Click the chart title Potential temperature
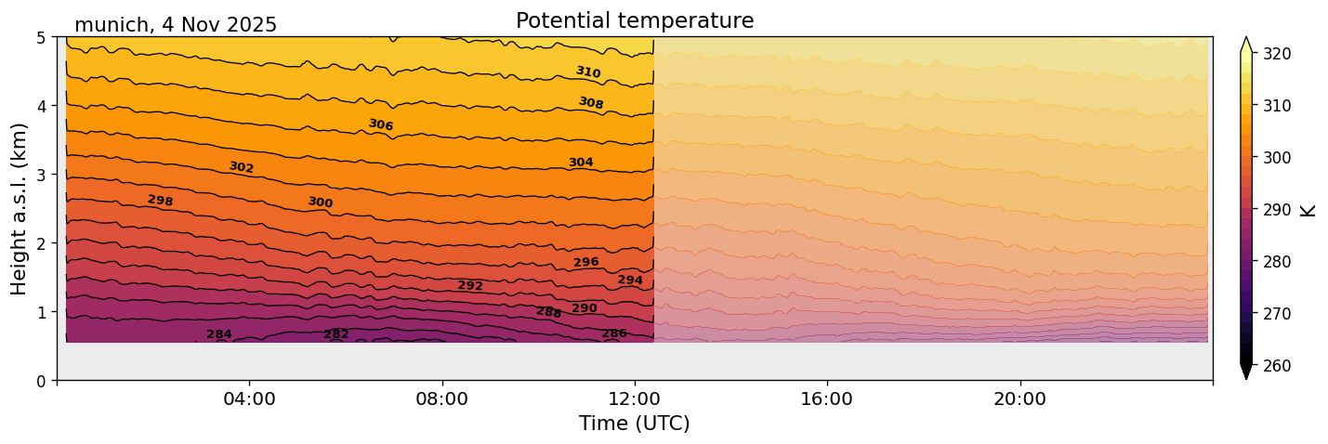635,21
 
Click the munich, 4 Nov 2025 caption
176,25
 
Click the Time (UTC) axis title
635,424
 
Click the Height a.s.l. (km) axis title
20,209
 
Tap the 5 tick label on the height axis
41,38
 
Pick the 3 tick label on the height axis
41,175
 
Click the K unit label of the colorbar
1308,210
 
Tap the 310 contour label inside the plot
588,72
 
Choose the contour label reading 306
381,124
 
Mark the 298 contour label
161,201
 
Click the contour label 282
336,334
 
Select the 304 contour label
581,163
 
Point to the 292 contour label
470,286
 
